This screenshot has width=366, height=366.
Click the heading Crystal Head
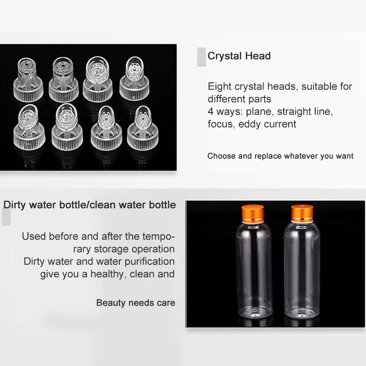pyautogui.click(x=239, y=56)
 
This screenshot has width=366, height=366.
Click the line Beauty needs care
pyautogui.click(x=135, y=303)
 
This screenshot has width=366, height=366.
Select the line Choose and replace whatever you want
pyautogui.click(x=280, y=156)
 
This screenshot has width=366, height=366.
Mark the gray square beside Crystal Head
pyautogui.click(x=201, y=56)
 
